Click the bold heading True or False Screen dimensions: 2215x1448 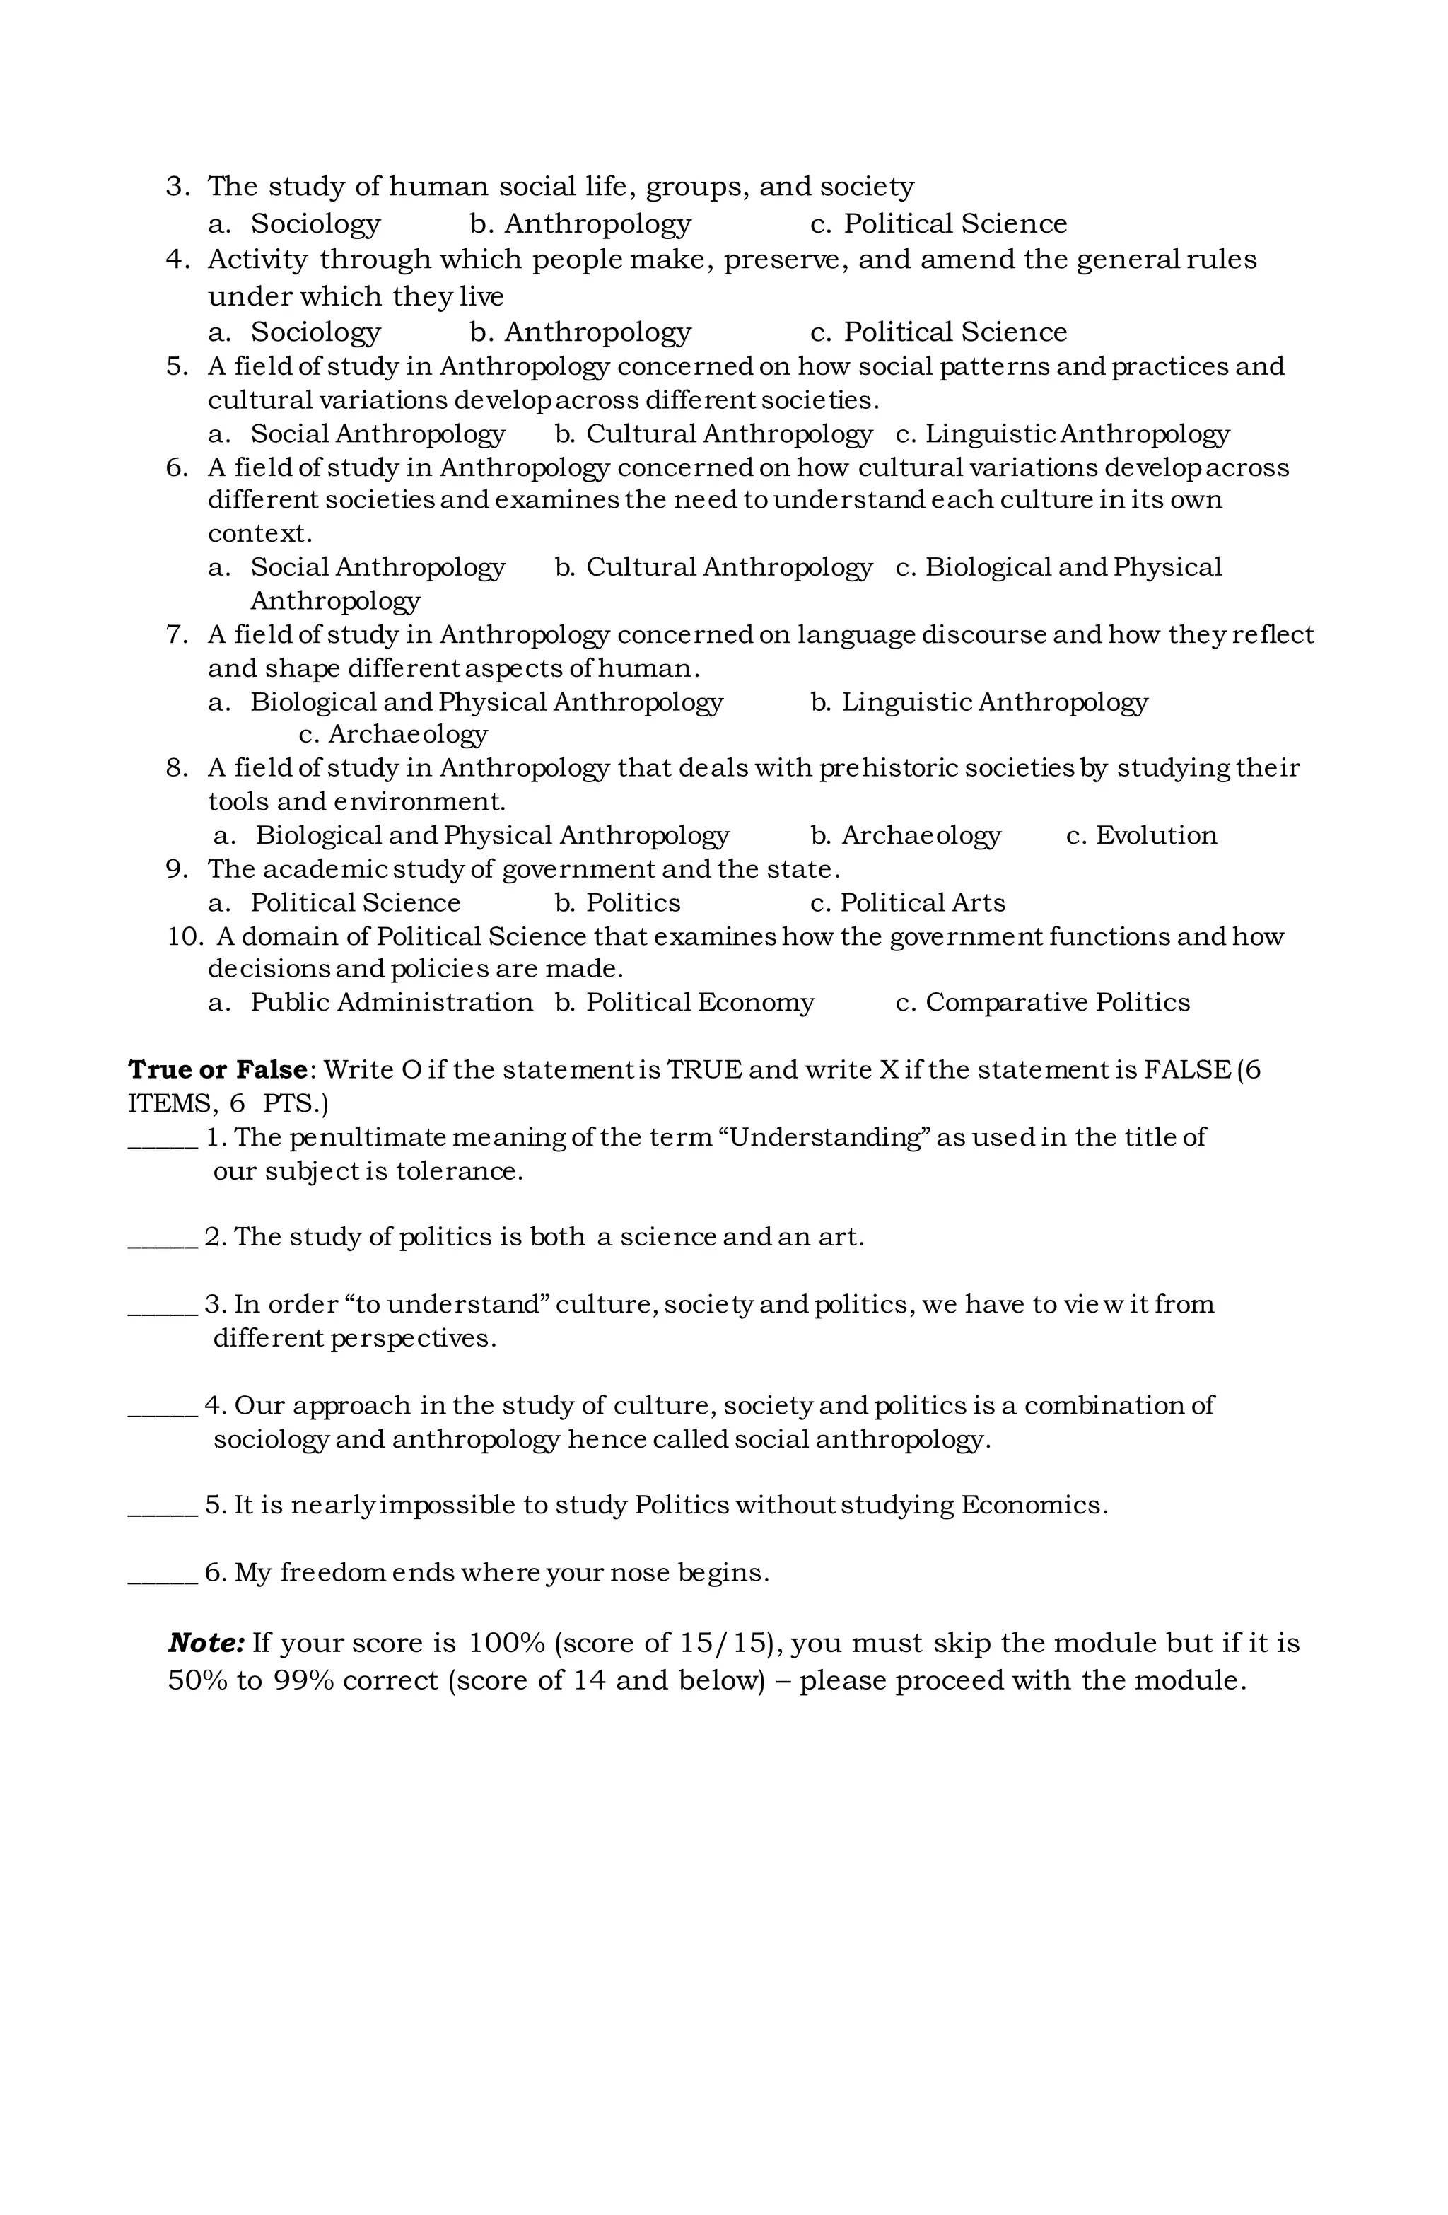[218, 1070]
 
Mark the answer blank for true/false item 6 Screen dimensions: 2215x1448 [162, 1574]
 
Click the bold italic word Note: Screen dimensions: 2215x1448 [206, 1644]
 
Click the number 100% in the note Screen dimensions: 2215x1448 [506, 1644]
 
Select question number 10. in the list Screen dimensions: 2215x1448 [185, 936]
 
